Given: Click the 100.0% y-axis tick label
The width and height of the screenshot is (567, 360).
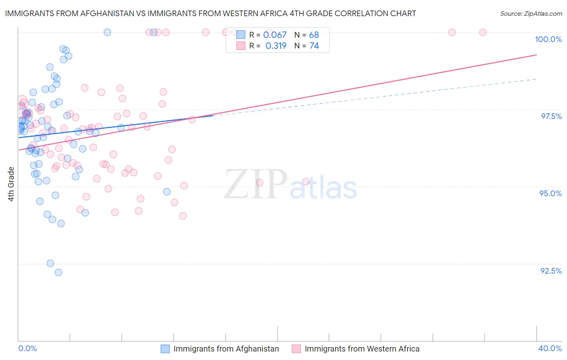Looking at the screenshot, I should pyautogui.click(x=548, y=39).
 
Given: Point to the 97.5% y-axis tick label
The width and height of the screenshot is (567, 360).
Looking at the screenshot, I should pyautogui.click(x=551, y=116).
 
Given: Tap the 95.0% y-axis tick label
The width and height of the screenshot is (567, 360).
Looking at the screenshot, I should pyautogui.click(x=550, y=193).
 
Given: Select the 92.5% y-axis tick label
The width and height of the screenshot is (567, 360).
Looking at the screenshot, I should pyautogui.click(x=551, y=271).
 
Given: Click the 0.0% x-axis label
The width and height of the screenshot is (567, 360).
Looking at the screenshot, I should pyautogui.click(x=27, y=348).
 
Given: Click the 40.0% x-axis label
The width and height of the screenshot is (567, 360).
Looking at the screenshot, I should pyautogui.click(x=550, y=348).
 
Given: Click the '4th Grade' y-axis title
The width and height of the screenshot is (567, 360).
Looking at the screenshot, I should pyautogui.click(x=11, y=184).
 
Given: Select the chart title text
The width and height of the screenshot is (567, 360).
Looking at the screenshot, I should pyautogui.click(x=211, y=13).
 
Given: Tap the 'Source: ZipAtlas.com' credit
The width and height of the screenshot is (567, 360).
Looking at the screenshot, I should pyautogui.click(x=531, y=14).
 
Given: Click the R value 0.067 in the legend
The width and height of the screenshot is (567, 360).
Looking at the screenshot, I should pyautogui.click(x=275, y=35).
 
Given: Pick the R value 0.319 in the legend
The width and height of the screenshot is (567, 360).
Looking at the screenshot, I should pyautogui.click(x=276, y=46).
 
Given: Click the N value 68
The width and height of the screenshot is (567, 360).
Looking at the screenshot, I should pyautogui.click(x=314, y=35).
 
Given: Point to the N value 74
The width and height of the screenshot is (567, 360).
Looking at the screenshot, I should pyautogui.click(x=314, y=46).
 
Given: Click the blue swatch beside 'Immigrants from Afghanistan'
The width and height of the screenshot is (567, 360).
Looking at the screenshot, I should pyautogui.click(x=165, y=349).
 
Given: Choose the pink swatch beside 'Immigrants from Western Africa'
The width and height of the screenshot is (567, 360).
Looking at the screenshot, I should pyautogui.click(x=296, y=349).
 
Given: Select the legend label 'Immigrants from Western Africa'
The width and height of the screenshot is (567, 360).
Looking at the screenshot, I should pyautogui.click(x=362, y=349).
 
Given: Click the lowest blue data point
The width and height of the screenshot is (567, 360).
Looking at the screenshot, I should pyautogui.click(x=58, y=272).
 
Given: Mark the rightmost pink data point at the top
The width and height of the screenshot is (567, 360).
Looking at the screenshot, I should pyautogui.click(x=483, y=32).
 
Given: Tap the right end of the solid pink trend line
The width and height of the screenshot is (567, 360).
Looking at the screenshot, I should pyautogui.click(x=536, y=54).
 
